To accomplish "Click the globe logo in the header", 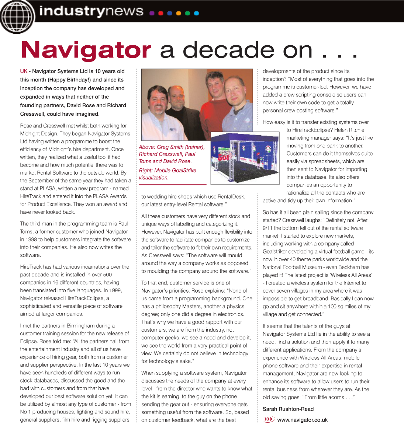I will [x=16, y=16].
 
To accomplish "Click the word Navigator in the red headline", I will [x=86, y=50].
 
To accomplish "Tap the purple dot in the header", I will [x=152, y=13].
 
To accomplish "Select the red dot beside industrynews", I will [x=161, y=13].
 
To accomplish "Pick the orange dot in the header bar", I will [x=179, y=13].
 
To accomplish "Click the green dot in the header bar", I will [x=187, y=13].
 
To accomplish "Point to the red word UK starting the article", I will [x=24, y=71].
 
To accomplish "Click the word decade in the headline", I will [x=229, y=50].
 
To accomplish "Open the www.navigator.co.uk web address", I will [x=302, y=420].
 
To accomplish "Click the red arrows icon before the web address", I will [x=269, y=419].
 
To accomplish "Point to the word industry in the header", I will [x=72, y=11].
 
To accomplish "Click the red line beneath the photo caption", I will [x=172, y=184].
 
